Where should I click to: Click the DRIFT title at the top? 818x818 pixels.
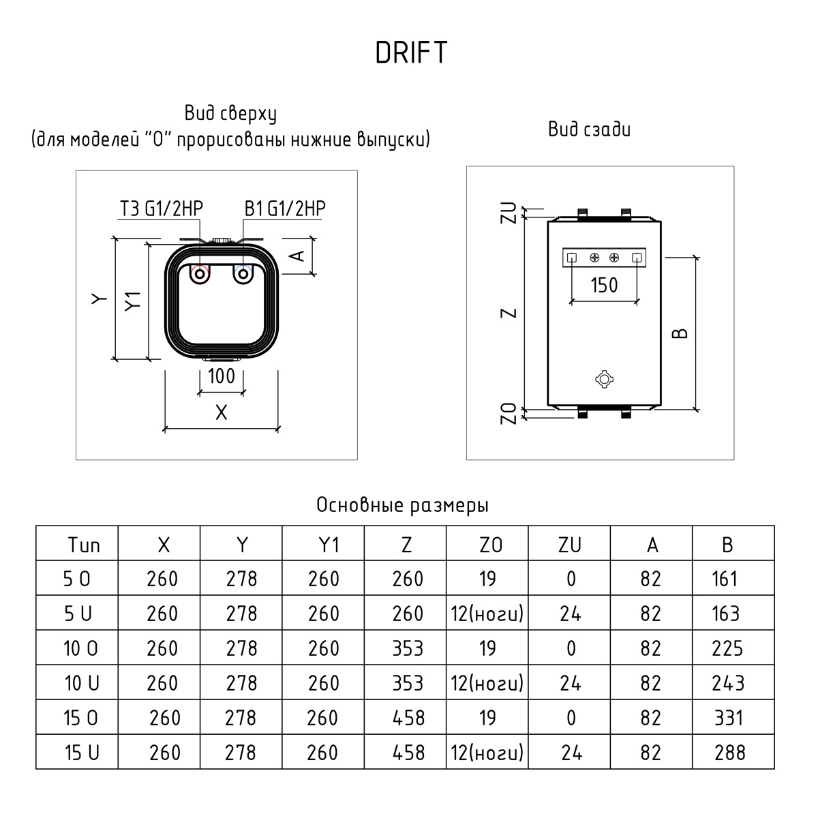point(411,52)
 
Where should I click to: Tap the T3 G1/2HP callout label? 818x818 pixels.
point(161,208)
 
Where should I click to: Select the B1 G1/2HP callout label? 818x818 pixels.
point(285,208)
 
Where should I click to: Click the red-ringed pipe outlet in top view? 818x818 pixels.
point(200,275)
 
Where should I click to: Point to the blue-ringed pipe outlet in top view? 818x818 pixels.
point(243,275)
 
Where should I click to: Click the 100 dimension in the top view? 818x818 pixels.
point(221,376)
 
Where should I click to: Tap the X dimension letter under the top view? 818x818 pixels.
point(221,412)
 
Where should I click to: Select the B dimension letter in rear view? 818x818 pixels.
point(680,333)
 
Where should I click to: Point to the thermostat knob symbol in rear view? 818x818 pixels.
point(604,380)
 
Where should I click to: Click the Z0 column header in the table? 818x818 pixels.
point(487,545)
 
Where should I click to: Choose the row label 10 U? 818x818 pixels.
point(81,683)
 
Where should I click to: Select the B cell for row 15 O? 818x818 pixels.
point(729,718)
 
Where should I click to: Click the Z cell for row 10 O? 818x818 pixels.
point(408,648)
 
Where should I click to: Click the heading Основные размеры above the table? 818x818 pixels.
point(402,506)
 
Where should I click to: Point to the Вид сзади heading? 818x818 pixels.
point(589,129)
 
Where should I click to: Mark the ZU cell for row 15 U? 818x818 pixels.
point(571,753)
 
